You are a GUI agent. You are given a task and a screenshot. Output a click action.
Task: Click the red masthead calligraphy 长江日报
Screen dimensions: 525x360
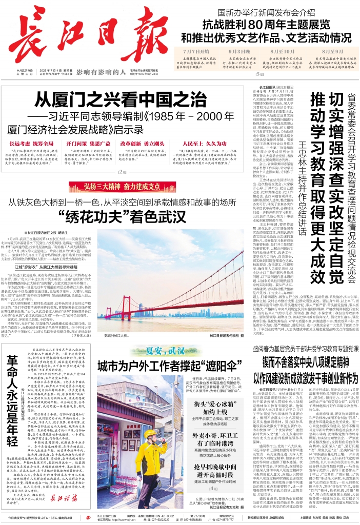pyautogui.click(x=77, y=37)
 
